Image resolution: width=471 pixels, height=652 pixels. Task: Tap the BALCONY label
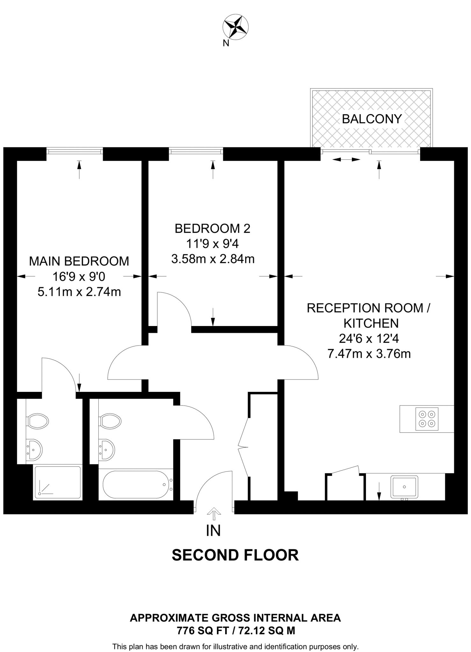click(371, 119)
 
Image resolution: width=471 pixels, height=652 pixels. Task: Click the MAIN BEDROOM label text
click(79, 261)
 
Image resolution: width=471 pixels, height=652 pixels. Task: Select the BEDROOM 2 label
click(212, 229)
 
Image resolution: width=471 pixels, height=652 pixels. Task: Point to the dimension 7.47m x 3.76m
click(369, 354)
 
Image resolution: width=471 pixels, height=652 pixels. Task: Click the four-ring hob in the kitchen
click(427, 419)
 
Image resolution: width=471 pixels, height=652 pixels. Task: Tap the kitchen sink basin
click(404, 487)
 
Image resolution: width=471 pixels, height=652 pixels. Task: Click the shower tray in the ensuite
click(58, 482)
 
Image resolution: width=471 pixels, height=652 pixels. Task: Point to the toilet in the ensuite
click(38, 421)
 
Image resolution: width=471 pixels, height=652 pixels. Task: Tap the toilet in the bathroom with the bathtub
click(110, 421)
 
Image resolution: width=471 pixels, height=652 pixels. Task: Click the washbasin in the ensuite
click(34, 450)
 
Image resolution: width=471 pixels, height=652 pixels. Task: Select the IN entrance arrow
click(214, 511)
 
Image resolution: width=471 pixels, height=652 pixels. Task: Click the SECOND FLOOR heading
click(235, 555)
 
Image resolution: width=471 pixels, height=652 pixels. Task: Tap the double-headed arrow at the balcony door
click(346, 159)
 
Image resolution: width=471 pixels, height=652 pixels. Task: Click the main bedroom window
click(75, 151)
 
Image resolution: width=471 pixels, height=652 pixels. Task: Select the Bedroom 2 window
click(196, 151)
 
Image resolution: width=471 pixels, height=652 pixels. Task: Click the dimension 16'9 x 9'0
click(79, 277)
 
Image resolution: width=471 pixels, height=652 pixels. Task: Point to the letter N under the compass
click(226, 44)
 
